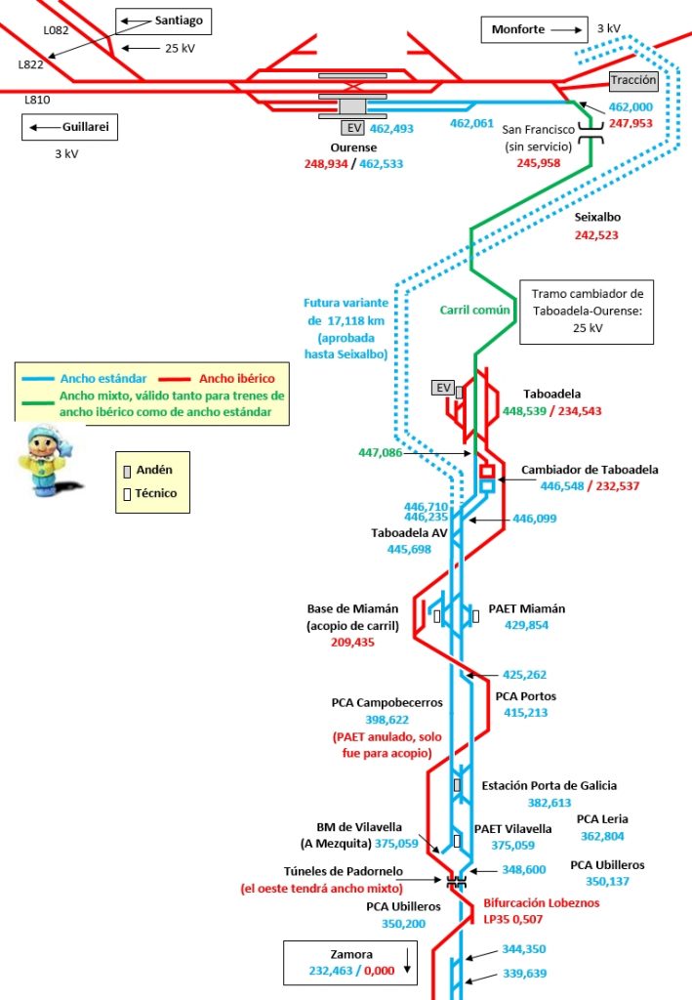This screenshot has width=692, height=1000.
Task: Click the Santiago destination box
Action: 163,21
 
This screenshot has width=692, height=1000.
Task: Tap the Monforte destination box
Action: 533,30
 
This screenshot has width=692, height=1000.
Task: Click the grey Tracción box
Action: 634,82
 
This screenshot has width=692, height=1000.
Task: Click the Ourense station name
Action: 353,147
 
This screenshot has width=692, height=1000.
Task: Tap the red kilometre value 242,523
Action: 596,235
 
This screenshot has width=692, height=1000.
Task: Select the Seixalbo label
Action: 597,218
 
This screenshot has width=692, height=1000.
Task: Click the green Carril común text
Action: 476,311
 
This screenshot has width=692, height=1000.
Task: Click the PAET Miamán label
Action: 526,608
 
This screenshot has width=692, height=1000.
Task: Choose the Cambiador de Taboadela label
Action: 590,470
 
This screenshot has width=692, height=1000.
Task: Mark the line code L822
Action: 31,64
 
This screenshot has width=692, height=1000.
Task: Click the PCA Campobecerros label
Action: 387,702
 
